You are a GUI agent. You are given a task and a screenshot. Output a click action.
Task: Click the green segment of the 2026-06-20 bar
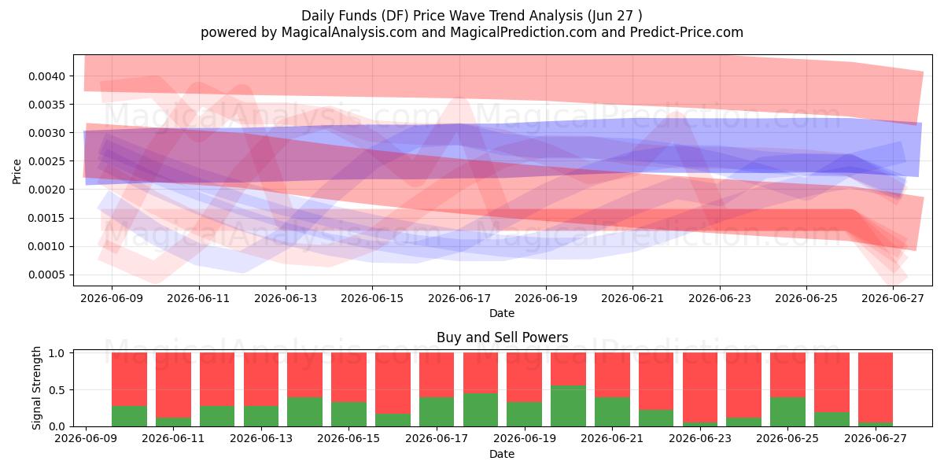click(x=568, y=406)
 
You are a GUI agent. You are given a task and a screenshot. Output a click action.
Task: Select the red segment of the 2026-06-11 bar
click(x=173, y=385)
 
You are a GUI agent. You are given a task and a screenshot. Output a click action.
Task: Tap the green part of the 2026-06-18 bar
click(x=481, y=410)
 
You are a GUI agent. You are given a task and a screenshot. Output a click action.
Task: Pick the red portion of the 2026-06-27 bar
click(x=876, y=388)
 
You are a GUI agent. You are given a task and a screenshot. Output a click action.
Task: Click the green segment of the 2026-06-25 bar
click(x=787, y=411)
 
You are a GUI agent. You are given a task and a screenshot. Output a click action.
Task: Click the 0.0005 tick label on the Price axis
click(x=46, y=275)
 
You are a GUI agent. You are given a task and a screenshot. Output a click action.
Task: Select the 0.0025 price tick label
click(x=46, y=161)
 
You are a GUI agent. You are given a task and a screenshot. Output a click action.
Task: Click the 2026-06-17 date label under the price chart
click(x=459, y=298)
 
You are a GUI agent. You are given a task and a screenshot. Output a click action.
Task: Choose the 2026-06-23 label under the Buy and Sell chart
click(x=700, y=438)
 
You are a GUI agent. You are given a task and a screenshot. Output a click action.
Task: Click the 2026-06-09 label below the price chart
click(x=112, y=298)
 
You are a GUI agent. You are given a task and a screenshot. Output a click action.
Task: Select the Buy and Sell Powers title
click(x=503, y=337)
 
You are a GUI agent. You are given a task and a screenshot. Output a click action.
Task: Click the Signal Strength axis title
click(x=37, y=388)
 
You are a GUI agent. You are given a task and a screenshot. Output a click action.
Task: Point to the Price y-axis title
click(x=17, y=171)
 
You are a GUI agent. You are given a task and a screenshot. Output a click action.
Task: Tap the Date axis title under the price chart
click(x=502, y=313)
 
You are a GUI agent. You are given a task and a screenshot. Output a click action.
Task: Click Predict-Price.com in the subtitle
click(x=687, y=32)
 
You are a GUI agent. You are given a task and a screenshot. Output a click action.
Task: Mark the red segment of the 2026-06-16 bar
click(x=393, y=383)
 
